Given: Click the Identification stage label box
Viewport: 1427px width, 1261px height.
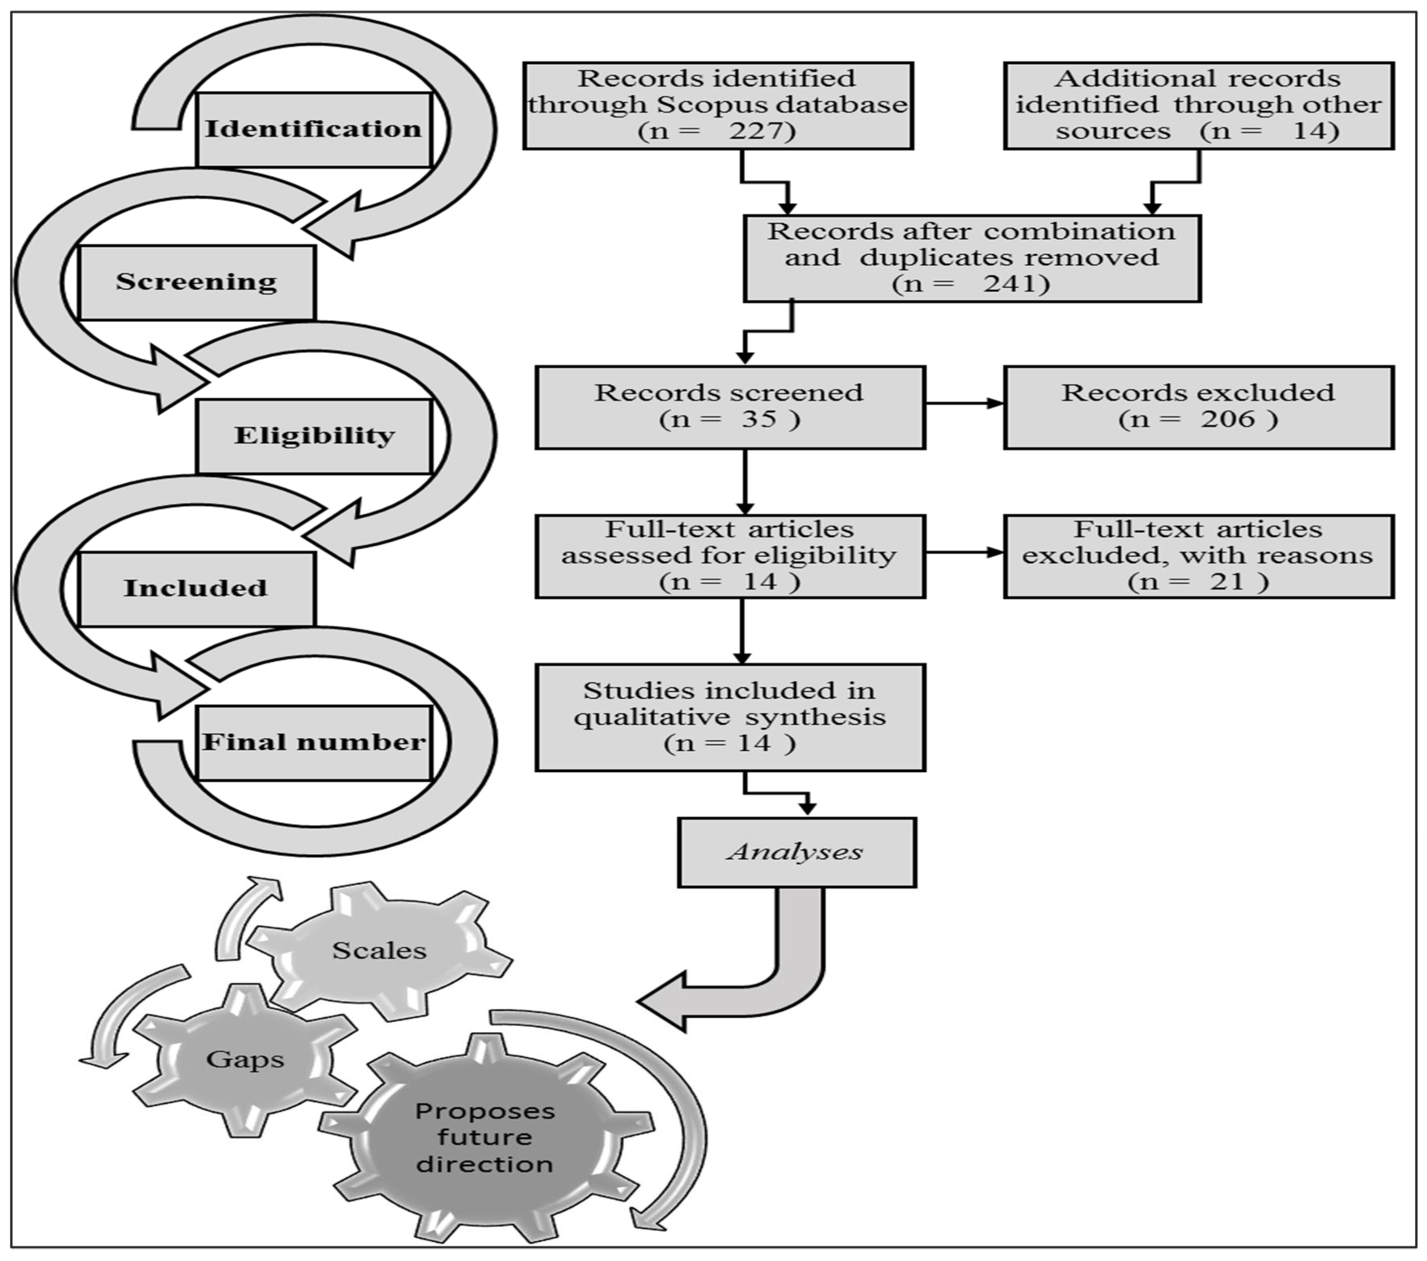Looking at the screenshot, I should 314,130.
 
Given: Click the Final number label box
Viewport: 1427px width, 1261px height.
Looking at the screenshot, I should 314,742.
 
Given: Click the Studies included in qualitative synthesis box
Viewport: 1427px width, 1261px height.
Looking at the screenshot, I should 729,717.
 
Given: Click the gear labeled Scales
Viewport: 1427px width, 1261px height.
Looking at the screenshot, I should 380,950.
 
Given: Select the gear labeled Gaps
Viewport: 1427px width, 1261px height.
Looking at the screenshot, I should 245,1059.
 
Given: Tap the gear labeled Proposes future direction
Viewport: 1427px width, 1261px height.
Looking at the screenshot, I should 485,1137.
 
